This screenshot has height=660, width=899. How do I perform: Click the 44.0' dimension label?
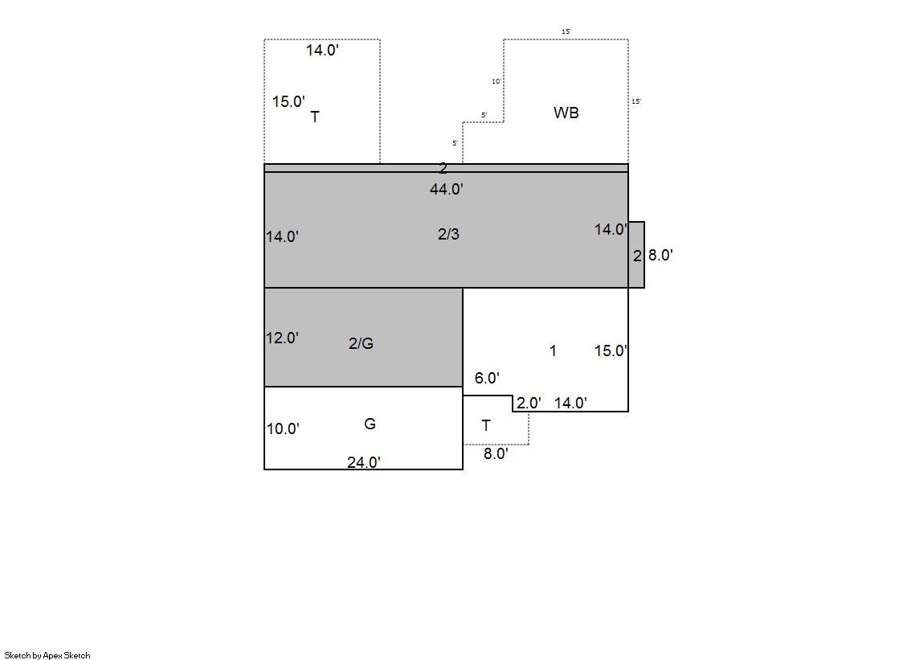[x=447, y=189]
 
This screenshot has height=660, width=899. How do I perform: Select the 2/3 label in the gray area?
[x=448, y=234]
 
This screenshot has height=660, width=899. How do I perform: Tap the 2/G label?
[x=362, y=343]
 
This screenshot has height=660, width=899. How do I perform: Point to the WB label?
[x=566, y=113]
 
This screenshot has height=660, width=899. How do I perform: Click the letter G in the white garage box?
[x=370, y=424]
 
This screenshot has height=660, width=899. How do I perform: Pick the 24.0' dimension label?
[x=364, y=462]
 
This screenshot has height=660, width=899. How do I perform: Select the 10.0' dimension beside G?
[x=283, y=428]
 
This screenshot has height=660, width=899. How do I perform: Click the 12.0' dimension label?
[x=282, y=338]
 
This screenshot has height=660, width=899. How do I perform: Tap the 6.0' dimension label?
[x=487, y=378]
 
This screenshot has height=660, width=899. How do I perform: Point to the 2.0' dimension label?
[x=529, y=403]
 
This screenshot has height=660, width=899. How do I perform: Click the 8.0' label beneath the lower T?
[x=496, y=453]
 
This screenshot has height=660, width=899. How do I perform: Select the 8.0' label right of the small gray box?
[x=660, y=255]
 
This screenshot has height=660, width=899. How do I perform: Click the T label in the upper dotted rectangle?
[x=315, y=117]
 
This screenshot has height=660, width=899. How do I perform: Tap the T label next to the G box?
[x=486, y=426]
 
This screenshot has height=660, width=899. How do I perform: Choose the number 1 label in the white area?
[x=553, y=350]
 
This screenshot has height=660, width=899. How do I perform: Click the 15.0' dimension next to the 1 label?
[x=611, y=350]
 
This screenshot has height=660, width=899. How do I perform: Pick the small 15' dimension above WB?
[x=566, y=31]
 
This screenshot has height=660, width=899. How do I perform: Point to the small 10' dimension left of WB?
[x=496, y=81]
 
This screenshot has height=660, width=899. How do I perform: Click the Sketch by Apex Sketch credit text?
[x=47, y=655]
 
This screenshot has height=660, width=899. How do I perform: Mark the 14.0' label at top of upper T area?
[x=322, y=50]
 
